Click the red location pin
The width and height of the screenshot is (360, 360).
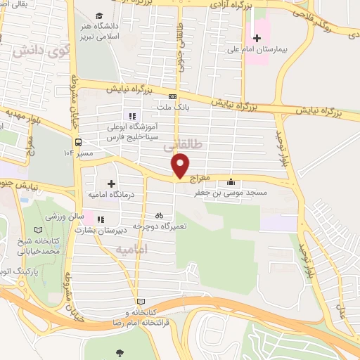coord(181,165)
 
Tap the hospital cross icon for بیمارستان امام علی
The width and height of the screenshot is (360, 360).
coord(257,37)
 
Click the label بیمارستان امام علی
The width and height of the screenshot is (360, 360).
coord(276,50)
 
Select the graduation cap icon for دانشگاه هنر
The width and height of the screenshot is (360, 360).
coord(98,15)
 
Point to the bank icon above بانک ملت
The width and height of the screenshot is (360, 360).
coord(172,97)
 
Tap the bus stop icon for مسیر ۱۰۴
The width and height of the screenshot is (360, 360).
coord(80,139)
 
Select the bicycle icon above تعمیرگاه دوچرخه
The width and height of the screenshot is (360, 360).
coord(159,215)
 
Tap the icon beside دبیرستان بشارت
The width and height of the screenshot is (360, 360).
coord(100,219)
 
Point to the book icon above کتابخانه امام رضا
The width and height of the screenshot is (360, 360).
coord(140,300)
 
